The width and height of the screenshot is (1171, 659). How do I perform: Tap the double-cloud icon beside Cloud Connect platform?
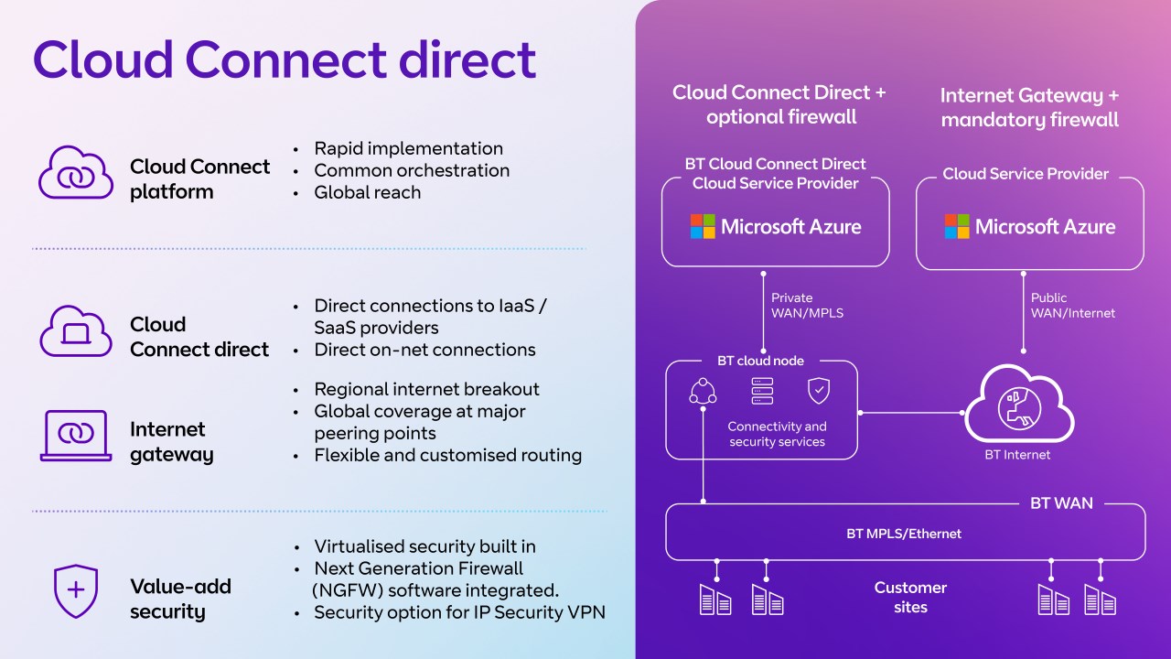(76, 173)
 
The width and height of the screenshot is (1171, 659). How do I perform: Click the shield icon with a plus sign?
(76, 590)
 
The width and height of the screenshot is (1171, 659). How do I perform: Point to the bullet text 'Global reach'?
(367, 192)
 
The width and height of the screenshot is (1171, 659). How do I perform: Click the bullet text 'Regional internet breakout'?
(426, 389)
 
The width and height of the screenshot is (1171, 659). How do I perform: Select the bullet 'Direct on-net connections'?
(424, 350)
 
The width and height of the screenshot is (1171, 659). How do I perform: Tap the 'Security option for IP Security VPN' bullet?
(459, 612)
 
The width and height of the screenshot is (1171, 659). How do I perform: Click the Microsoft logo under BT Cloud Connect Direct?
(703, 226)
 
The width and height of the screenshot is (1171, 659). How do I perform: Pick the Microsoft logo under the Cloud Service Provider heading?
(957, 226)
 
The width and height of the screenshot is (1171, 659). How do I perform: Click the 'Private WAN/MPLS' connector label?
(807, 306)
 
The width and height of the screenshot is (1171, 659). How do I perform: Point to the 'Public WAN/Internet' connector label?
(1072, 306)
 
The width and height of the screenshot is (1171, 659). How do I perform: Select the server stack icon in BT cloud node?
(761, 392)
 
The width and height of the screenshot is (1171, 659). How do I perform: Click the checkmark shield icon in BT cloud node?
(818, 391)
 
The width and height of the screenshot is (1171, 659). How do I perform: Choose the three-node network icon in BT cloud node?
(703, 392)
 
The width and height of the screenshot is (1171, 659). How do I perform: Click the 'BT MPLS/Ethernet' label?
(904, 534)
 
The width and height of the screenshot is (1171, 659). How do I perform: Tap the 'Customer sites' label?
(910, 597)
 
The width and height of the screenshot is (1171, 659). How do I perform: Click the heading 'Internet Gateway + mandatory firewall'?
(1029, 107)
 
